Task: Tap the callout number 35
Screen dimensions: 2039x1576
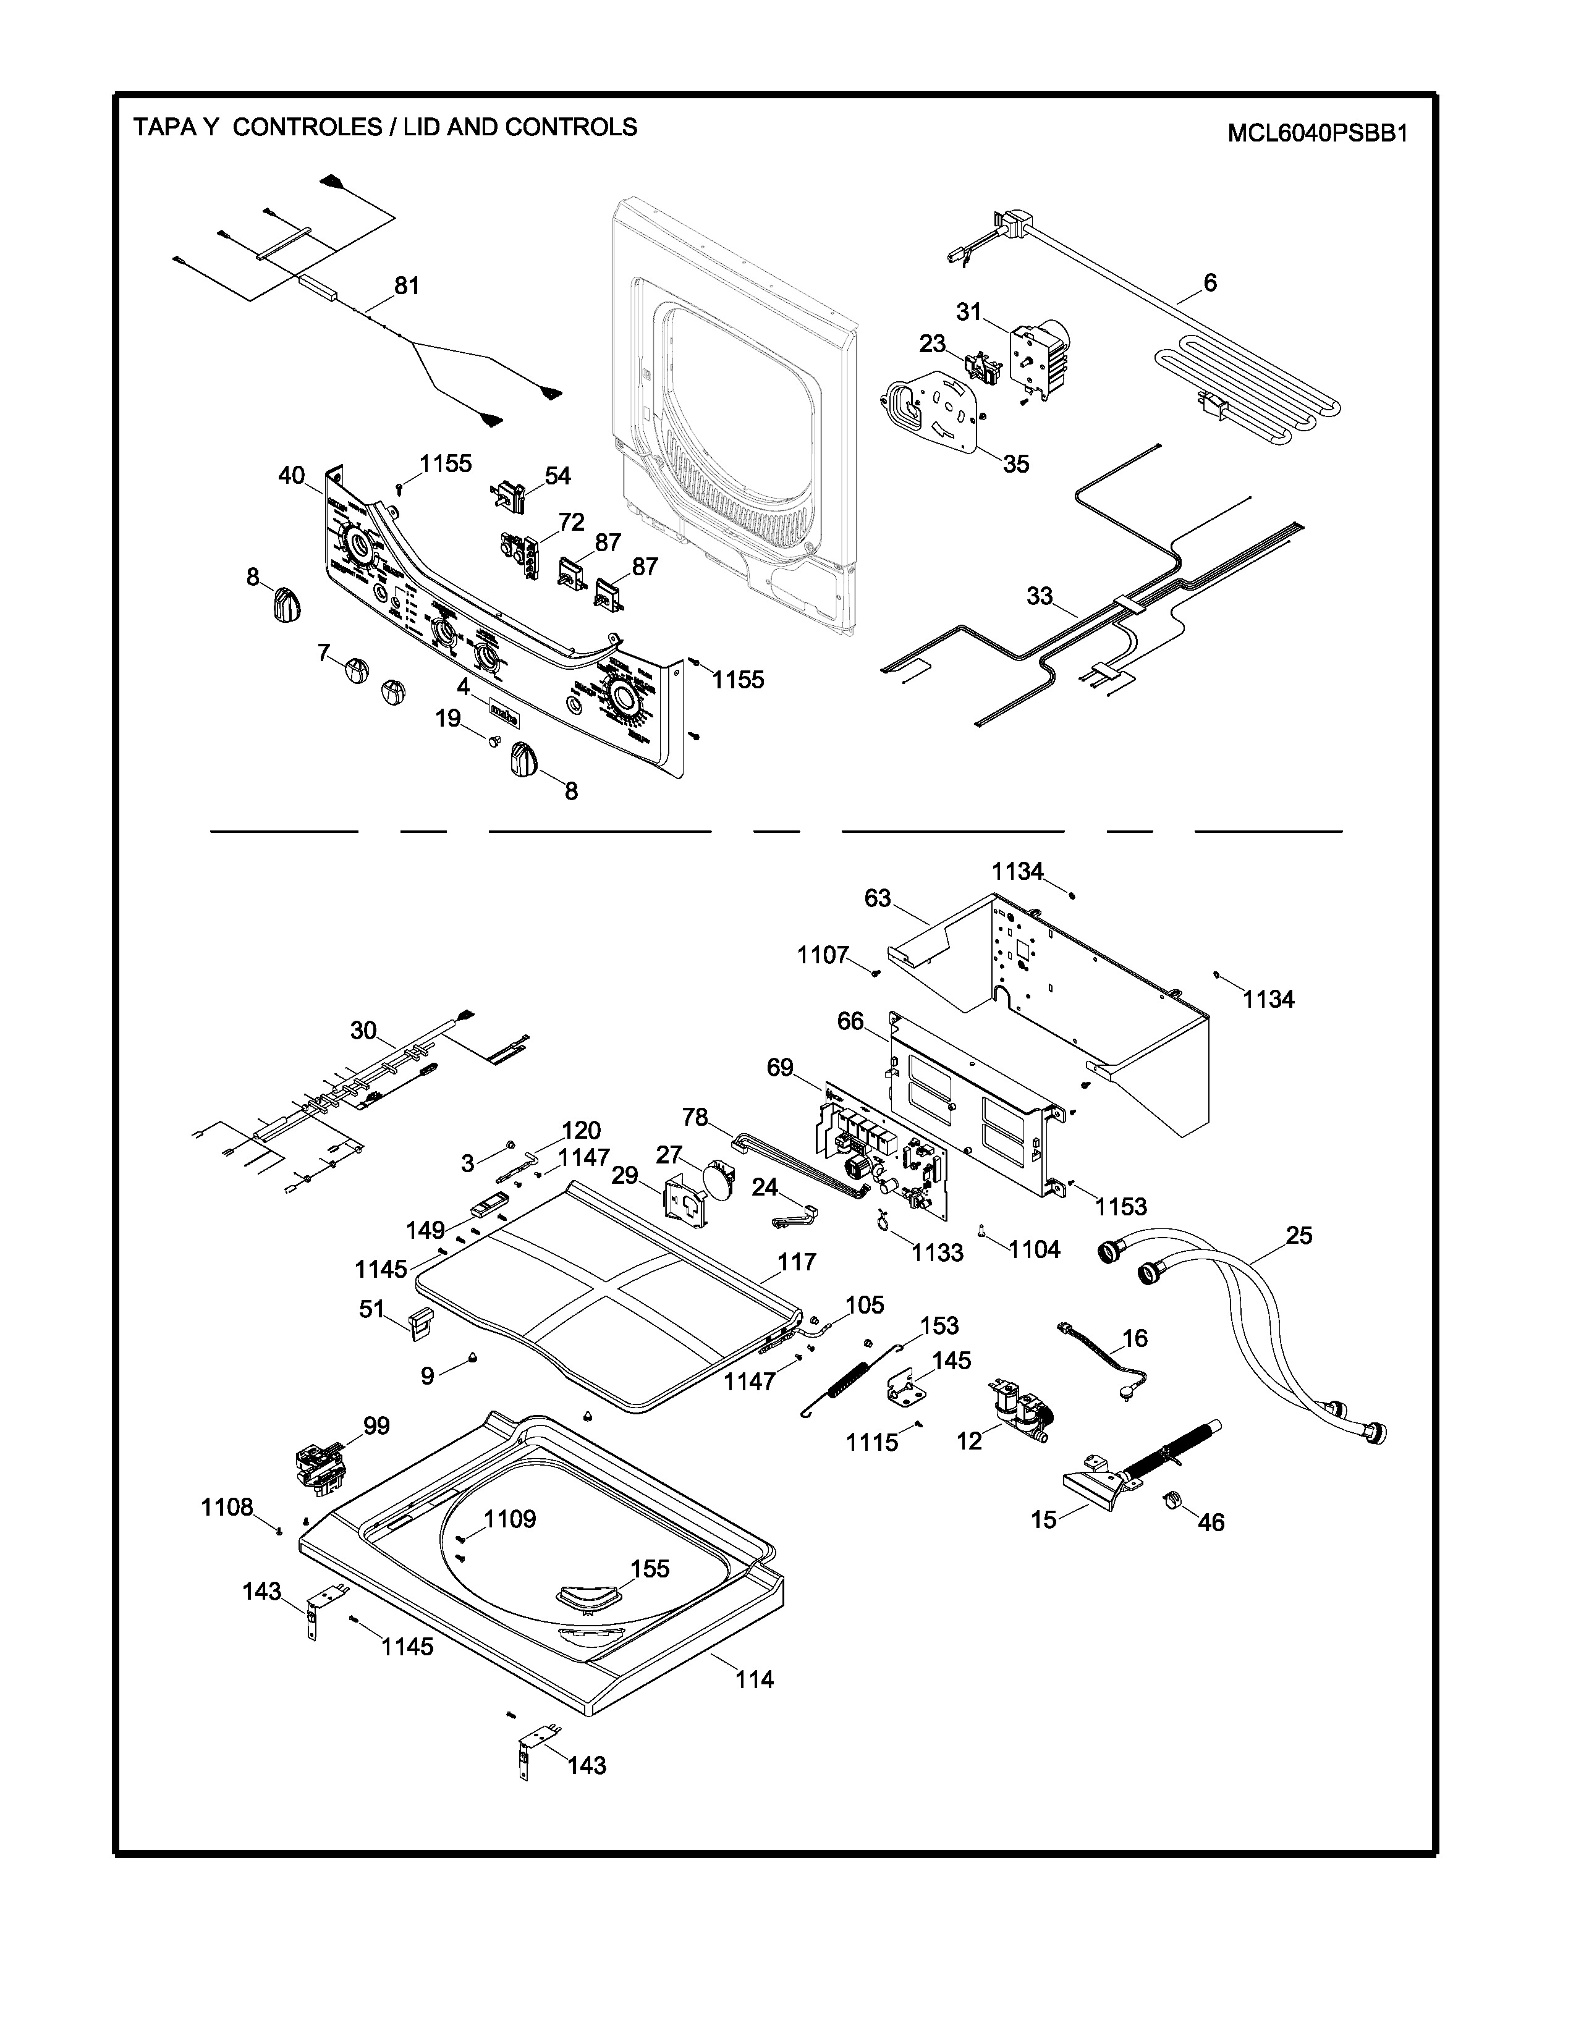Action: [1016, 464]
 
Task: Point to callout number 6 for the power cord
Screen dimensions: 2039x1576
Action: [1210, 282]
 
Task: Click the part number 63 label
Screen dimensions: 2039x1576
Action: [878, 898]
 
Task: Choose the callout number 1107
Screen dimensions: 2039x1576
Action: [823, 955]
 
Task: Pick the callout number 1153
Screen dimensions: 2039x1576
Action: [1121, 1206]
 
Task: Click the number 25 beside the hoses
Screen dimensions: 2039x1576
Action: [1299, 1235]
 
